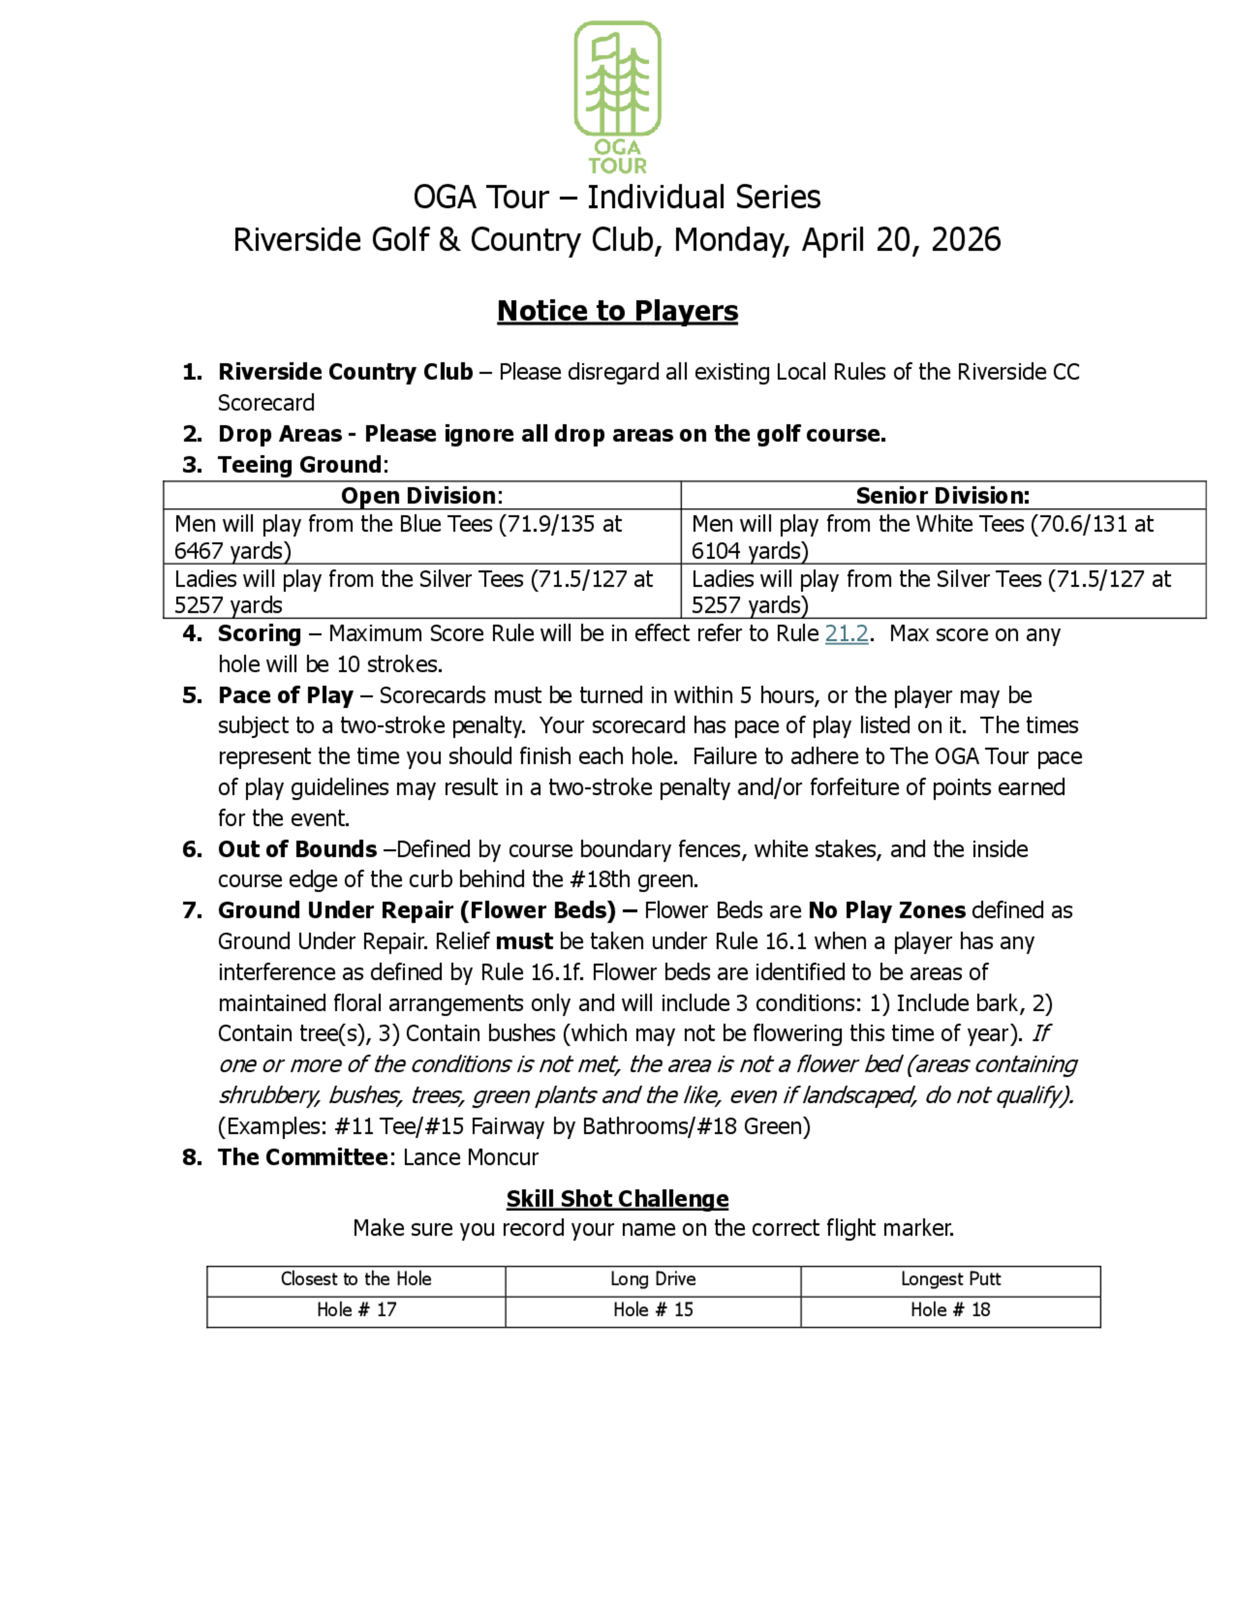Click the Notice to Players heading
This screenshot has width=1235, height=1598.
617,311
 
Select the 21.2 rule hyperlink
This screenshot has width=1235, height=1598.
847,634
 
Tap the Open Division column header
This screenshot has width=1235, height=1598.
422,496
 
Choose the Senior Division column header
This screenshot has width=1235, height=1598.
942,496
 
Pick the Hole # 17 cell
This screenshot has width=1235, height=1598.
356,1310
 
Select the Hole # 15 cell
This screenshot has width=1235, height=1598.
653,1310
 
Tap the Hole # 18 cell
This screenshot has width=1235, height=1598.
950,1310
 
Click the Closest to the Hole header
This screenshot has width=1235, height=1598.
356,1279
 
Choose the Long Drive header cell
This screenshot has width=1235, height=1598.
653,1279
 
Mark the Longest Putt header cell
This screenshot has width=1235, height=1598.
950,1279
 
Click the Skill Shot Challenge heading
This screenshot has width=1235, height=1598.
617,1199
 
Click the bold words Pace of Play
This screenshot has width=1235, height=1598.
285,695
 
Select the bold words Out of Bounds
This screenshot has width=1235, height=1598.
297,850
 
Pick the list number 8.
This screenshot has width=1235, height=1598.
191,1158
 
